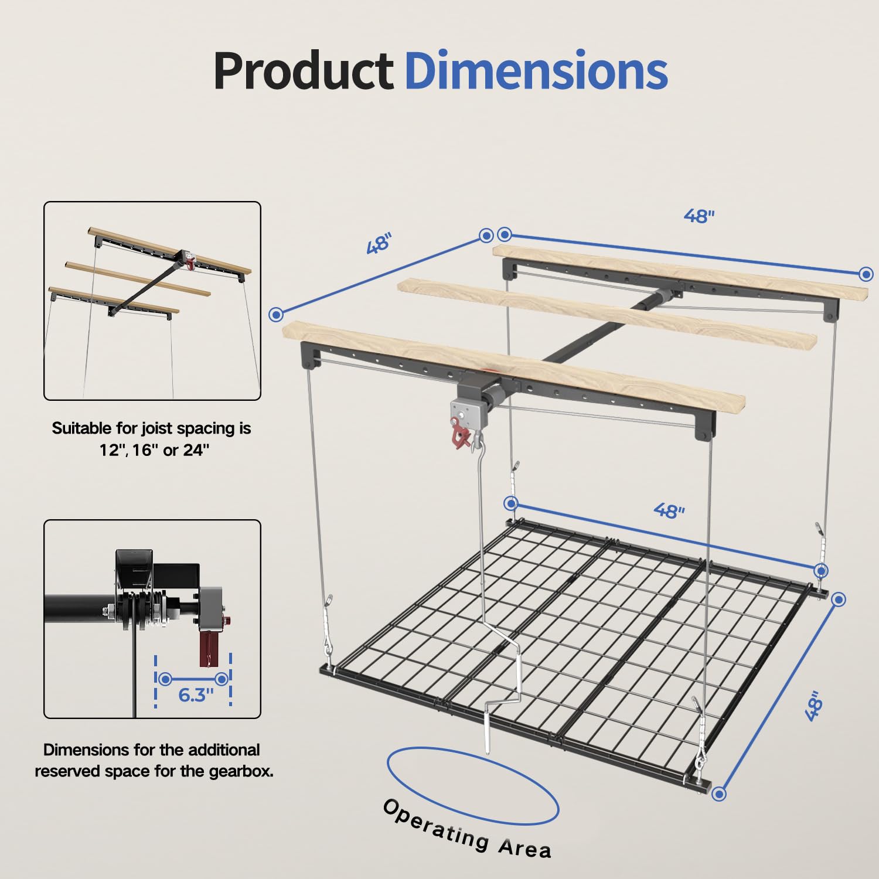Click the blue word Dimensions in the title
536,70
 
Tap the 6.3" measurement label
196,695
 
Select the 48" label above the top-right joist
699,216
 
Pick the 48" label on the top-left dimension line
379,243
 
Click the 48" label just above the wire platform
669,511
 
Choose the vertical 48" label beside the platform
814,706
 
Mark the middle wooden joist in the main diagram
607,315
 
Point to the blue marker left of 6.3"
165,679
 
